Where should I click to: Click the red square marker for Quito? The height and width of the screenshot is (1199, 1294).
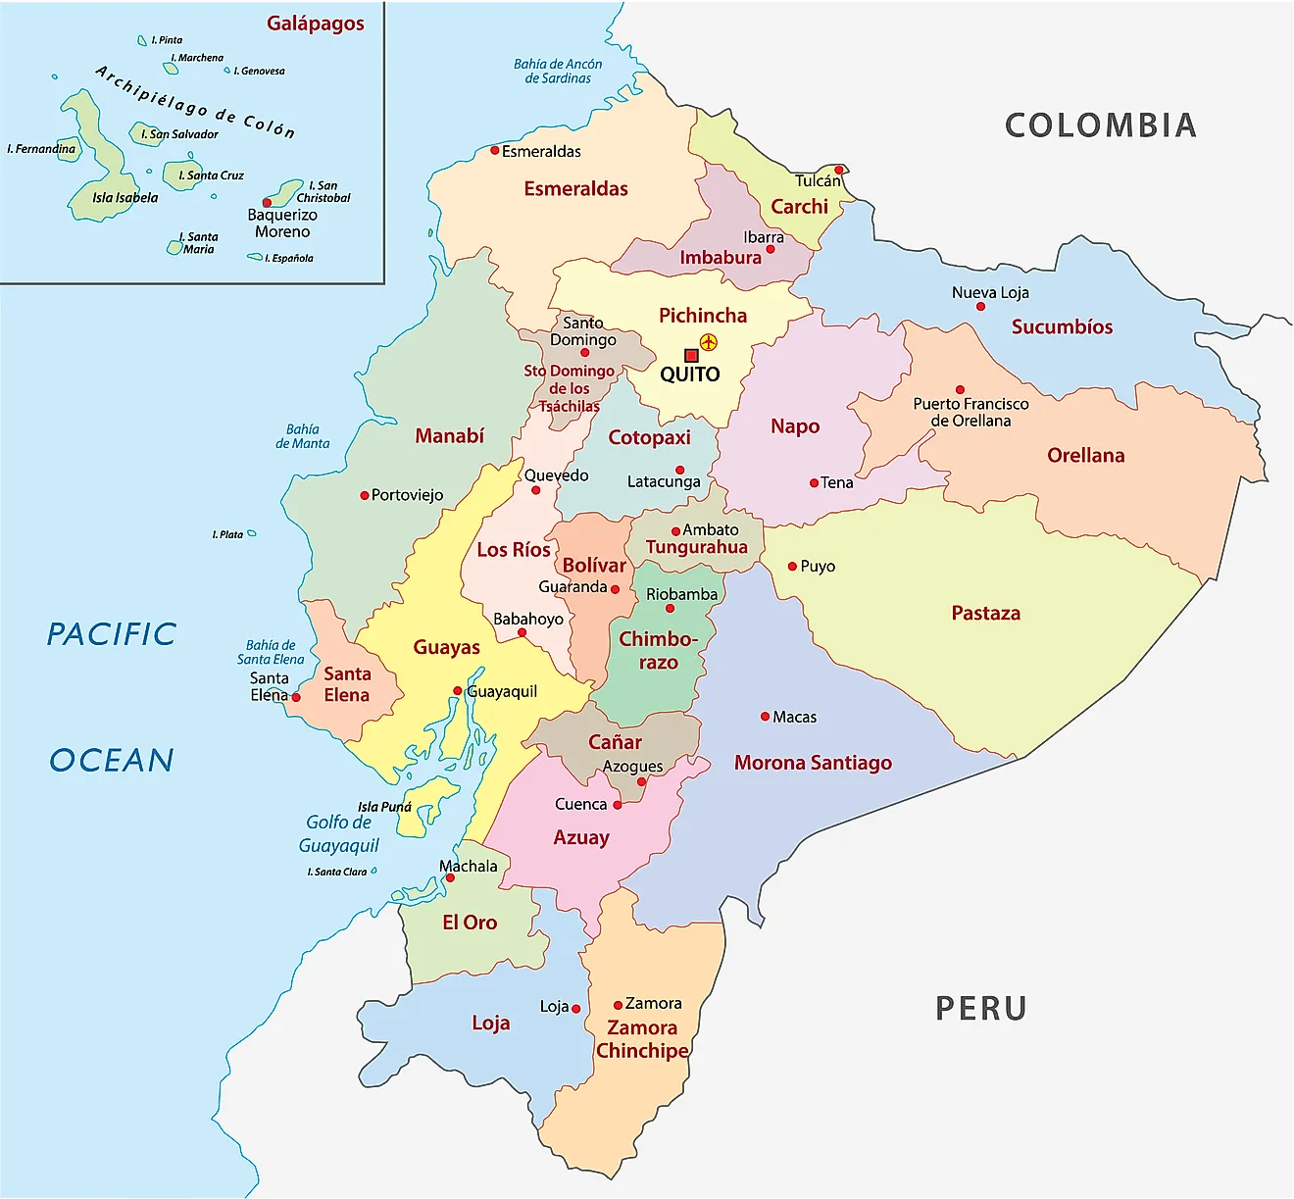coord(691,355)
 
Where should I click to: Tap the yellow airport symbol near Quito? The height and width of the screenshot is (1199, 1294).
coord(709,342)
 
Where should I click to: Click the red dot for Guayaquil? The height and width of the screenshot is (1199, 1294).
coord(457,691)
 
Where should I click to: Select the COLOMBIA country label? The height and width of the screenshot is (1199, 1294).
coord(1100,125)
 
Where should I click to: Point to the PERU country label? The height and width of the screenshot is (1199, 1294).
coord(980,1008)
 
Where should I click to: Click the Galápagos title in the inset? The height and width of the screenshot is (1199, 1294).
coord(315,24)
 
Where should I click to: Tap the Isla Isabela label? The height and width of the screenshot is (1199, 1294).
coord(124,197)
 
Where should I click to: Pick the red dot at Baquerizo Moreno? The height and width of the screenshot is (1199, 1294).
coord(267,203)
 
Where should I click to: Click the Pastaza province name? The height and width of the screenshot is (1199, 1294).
coord(985,614)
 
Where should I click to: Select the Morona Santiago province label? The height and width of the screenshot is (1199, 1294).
coord(813,763)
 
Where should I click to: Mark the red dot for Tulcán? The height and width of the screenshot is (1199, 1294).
coord(839,170)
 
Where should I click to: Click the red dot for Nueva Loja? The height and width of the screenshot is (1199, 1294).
coord(980,307)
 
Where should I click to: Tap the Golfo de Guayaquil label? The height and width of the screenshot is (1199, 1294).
coord(338,833)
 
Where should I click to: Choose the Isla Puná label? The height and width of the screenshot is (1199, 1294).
coord(384,807)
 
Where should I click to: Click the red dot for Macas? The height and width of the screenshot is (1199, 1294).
coord(765,717)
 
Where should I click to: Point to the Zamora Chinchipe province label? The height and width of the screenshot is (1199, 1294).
coord(642,1039)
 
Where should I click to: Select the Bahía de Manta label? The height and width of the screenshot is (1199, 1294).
coord(302,436)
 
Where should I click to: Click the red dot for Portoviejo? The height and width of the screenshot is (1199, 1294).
coord(364,496)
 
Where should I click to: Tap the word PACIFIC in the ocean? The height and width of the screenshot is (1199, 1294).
coord(112,634)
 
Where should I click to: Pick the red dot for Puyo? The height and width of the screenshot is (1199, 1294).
coord(792,567)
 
